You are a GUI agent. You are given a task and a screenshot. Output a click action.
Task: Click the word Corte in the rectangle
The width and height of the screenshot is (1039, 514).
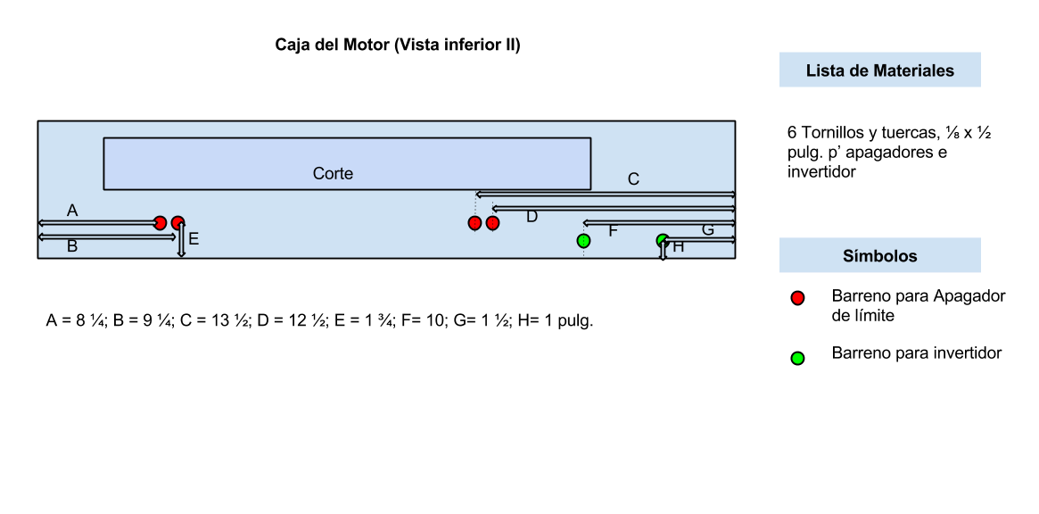click(333, 174)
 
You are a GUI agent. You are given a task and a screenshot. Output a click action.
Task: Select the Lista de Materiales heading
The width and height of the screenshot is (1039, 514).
click(879, 70)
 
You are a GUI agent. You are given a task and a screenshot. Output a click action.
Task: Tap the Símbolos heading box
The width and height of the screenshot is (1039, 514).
click(879, 256)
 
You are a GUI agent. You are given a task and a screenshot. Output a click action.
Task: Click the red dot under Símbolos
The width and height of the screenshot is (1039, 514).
click(797, 298)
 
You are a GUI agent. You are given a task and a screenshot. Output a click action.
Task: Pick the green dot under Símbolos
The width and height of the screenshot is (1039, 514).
click(797, 359)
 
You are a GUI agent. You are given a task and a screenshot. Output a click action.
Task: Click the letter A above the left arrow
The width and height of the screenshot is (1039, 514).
click(72, 211)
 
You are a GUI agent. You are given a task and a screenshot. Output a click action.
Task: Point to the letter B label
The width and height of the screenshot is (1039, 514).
click(72, 247)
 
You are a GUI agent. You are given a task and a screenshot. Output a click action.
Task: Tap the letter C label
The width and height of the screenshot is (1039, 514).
click(633, 179)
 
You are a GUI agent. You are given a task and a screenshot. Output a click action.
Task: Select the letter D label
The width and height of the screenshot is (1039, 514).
click(532, 217)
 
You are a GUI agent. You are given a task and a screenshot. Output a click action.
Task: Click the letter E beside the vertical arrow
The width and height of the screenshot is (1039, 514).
click(194, 239)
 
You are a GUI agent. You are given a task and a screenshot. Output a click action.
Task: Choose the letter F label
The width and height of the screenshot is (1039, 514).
click(613, 232)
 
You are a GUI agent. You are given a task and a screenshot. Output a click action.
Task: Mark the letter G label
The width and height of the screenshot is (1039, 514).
click(707, 230)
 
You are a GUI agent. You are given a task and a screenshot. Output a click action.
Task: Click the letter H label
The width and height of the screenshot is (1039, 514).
click(679, 247)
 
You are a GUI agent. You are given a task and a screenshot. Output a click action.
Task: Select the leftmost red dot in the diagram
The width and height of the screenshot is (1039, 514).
click(160, 223)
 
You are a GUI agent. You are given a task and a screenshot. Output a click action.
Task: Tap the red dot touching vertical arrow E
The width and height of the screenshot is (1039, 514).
click(177, 223)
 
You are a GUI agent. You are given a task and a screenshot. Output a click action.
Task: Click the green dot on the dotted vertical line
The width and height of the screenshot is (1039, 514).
click(583, 241)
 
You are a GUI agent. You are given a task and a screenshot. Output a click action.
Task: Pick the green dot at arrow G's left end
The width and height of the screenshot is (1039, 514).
click(663, 240)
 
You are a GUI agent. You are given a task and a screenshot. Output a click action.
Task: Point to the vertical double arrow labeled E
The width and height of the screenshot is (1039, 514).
click(181, 241)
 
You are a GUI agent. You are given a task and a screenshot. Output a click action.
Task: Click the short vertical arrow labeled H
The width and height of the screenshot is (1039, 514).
click(663, 250)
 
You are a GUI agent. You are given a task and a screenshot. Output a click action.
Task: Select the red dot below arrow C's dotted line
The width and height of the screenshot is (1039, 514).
click(474, 223)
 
